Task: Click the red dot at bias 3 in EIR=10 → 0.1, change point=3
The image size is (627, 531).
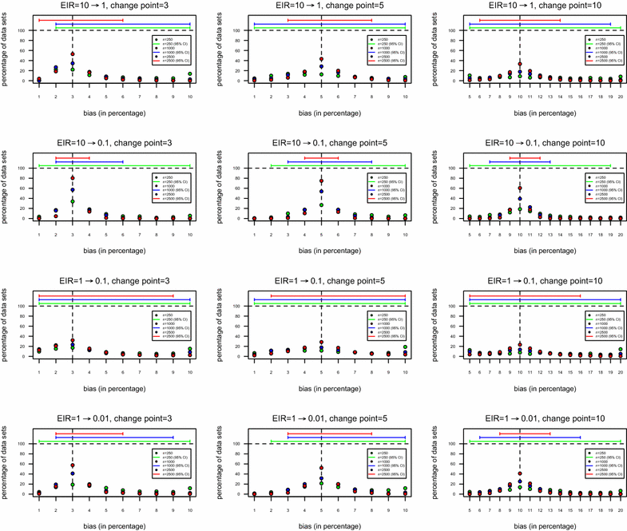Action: (73, 177)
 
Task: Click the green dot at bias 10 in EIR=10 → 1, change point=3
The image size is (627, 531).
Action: (190, 74)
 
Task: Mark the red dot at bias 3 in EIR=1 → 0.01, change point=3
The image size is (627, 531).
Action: (73, 466)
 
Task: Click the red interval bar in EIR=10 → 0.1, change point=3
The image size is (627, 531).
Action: (73, 157)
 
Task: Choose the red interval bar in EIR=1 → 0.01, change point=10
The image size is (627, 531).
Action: (525, 433)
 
